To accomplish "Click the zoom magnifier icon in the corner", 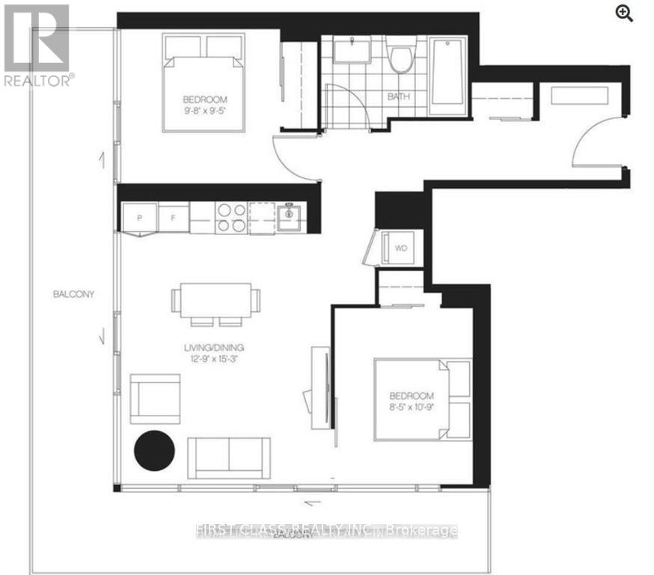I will pyautogui.click(x=625, y=12).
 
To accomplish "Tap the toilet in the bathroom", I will pyautogui.click(x=402, y=58).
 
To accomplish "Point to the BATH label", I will pyautogui.click(x=399, y=97).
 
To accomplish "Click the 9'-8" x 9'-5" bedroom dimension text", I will pyautogui.click(x=204, y=111).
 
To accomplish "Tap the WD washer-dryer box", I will pyautogui.click(x=400, y=249).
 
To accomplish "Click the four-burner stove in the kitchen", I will pyautogui.click(x=231, y=216).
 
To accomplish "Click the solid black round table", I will pyautogui.click(x=154, y=449).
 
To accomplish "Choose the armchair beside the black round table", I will pyautogui.click(x=156, y=398).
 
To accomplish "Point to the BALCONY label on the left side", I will pyautogui.click(x=73, y=294).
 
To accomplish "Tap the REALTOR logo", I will pyautogui.click(x=38, y=45).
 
